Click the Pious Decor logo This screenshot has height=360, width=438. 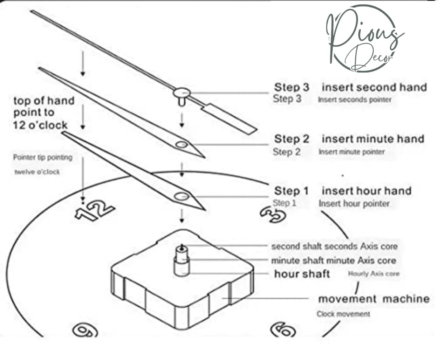(363, 38)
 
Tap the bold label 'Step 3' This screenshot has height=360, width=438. (292, 87)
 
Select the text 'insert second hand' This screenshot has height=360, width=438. (374, 87)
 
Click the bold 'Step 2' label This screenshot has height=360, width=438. (292, 139)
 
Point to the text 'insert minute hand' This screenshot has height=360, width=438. (373, 139)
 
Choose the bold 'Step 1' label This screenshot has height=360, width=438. (291, 191)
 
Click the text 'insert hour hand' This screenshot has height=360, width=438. (366, 191)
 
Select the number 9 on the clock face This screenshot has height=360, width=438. (85, 330)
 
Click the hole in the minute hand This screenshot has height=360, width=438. (182, 144)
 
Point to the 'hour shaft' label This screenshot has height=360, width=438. (302, 274)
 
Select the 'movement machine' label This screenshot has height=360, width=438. (374, 299)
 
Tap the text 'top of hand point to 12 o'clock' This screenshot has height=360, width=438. (44, 113)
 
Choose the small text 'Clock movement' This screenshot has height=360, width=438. (343, 314)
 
